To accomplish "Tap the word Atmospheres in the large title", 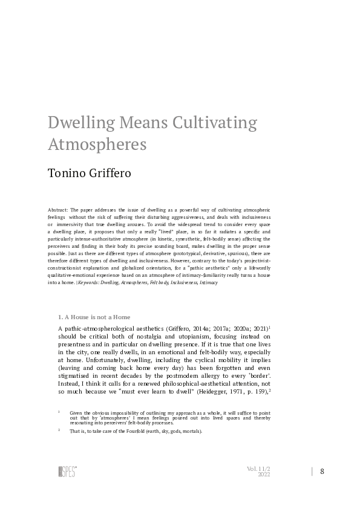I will click(x=97, y=145).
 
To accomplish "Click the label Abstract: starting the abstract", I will click(x=58, y=209).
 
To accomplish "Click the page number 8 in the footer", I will click(x=322, y=472).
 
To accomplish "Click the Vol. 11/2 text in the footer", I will click(x=258, y=468).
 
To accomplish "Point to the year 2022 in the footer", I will click(x=264, y=475).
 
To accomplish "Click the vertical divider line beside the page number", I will click(x=312, y=472).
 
